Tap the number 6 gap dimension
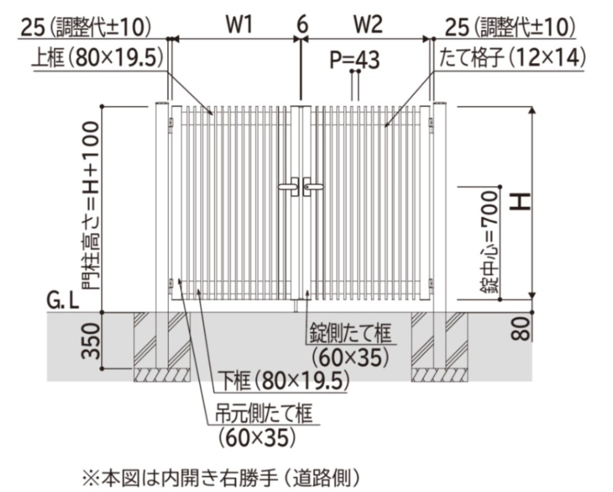(x=302, y=25)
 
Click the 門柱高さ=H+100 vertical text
(x=90, y=205)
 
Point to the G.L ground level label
(x=63, y=301)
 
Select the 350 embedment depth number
(x=90, y=342)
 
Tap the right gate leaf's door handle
(x=314, y=186)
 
